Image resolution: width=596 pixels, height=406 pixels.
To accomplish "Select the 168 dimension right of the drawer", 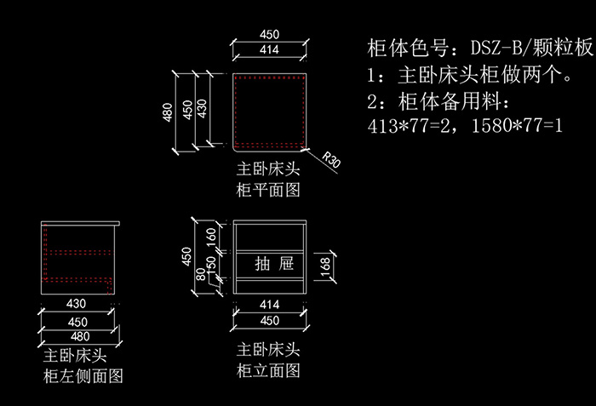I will click(x=324, y=267).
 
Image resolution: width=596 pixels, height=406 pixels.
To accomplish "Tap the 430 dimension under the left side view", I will click(x=77, y=304).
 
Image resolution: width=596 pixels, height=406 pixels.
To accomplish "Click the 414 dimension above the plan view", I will click(x=269, y=50).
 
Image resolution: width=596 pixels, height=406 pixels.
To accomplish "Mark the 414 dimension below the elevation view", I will click(x=269, y=304).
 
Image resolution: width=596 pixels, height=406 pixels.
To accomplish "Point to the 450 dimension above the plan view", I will click(x=269, y=35).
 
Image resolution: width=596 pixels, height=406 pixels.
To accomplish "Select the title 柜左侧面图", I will click(x=83, y=375).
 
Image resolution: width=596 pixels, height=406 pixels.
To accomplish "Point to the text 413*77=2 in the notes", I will click(x=409, y=127).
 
